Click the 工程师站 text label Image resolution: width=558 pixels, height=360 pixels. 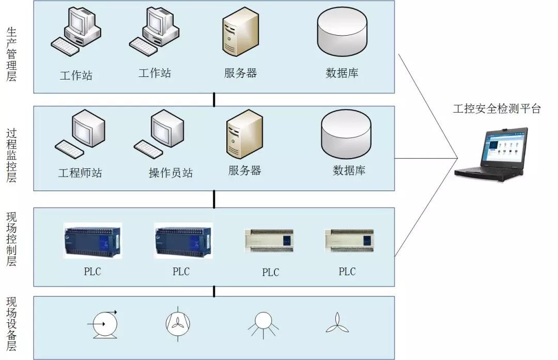coord(80,173)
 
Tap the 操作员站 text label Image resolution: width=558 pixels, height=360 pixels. coord(171,173)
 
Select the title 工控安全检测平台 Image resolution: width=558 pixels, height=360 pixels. coord(497,108)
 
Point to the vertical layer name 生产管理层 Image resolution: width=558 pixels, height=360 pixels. coord(11,54)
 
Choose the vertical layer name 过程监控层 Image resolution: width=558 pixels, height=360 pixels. coord(11,155)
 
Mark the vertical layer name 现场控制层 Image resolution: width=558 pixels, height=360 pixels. coord(11,239)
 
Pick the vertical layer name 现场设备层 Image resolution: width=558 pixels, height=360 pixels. coord(11,324)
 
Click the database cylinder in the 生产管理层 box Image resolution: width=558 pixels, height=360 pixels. coord(342,32)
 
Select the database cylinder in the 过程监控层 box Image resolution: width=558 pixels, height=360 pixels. coord(346,133)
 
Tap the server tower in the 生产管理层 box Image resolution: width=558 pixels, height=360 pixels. coord(240,32)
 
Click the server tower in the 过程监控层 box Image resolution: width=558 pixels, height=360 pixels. coord(244,133)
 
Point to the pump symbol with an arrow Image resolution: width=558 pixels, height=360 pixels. coord(104,324)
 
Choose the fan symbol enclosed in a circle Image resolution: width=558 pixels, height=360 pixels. coord(178,323)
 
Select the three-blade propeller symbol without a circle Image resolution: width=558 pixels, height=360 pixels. coord(337,323)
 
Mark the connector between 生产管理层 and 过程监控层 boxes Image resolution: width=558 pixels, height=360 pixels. coord(214,100)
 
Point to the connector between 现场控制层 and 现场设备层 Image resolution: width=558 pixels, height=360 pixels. coord(214,291)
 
